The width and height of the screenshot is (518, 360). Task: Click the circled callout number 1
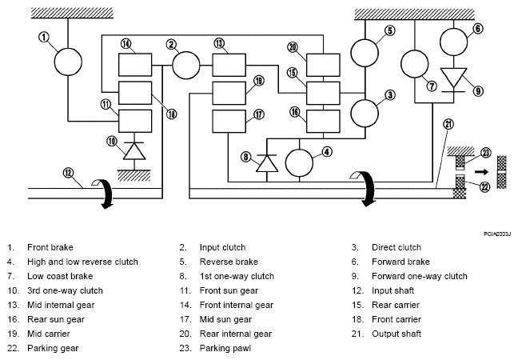(x=44, y=37)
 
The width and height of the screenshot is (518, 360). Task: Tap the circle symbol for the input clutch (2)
(x=186, y=66)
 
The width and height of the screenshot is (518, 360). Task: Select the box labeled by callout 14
(x=135, y=65)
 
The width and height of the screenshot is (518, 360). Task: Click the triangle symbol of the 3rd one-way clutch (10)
(x=134, y=151)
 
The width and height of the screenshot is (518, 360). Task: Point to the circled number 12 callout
(x=68, y=173)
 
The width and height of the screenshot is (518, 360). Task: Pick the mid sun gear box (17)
(x=229, y=122)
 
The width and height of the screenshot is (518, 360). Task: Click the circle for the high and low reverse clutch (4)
(x=299, y=162)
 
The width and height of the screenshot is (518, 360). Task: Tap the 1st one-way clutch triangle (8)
(x=267, y=163)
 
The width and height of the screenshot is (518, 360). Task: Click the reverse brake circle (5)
(x=365, y=53)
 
